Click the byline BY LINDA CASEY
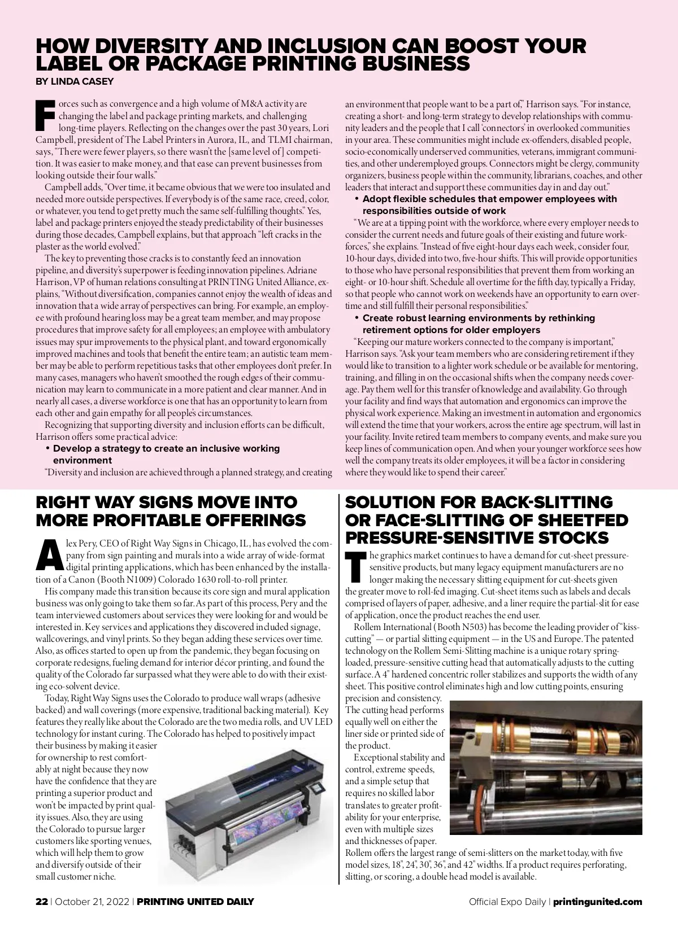[x=75, y=81]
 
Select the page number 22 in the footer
[x=41, y=902]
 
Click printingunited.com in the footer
[x=598, y=902]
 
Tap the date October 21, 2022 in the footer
[x=93, y=902]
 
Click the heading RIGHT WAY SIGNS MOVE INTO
[x=166, y=502]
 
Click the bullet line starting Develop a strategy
[x=166, y=448]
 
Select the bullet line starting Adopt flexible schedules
[x=489, y=199]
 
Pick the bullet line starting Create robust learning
[x=478, y=318]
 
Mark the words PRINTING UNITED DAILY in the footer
[x=195, y=902]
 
